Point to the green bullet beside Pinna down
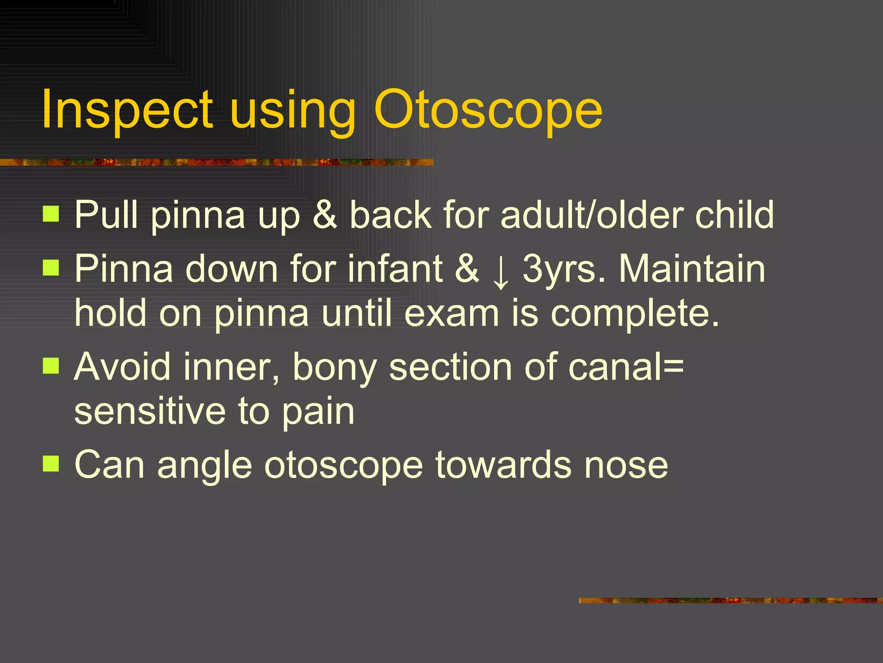pos(51,268)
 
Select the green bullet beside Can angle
pos(51,464)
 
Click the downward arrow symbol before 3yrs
pos(501,270)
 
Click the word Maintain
pos(692,268)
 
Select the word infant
pos(395,268)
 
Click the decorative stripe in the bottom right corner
pos(730,600)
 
